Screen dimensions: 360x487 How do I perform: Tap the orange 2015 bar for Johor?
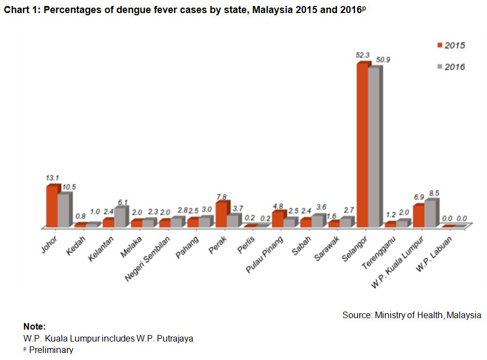pyautogui.click(x=52, y=206)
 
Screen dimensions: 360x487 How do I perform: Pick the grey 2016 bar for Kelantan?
pyautogui.click(x=120, y=217)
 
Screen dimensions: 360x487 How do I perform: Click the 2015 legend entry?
pyautogui.click(x=451, y=46)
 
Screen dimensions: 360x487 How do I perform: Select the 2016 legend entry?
pyautogui.click(x=451, y=66)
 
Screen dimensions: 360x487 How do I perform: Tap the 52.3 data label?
pyautogui.click(x=364, y=55)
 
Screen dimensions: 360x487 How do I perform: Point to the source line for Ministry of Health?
pyautogui.click(x=411, y=315)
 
